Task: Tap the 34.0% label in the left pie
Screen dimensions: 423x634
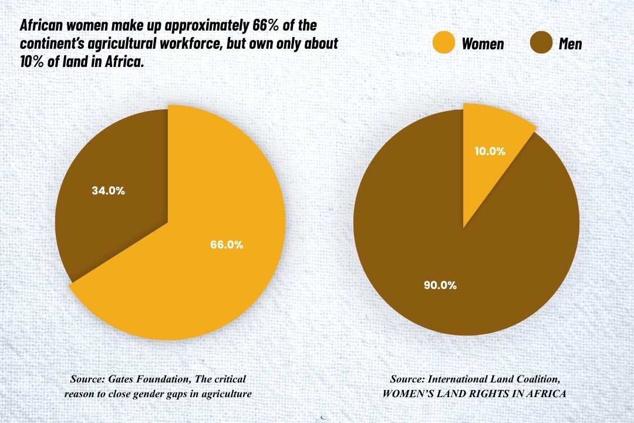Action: click(x=108, y=190)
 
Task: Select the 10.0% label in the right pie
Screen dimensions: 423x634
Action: click(x=490, y=151)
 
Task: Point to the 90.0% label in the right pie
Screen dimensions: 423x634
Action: click(x=440, y=286)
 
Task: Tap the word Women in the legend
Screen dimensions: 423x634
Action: click(x=483, y=43)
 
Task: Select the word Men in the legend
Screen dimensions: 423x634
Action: click(x=570, y=43)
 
